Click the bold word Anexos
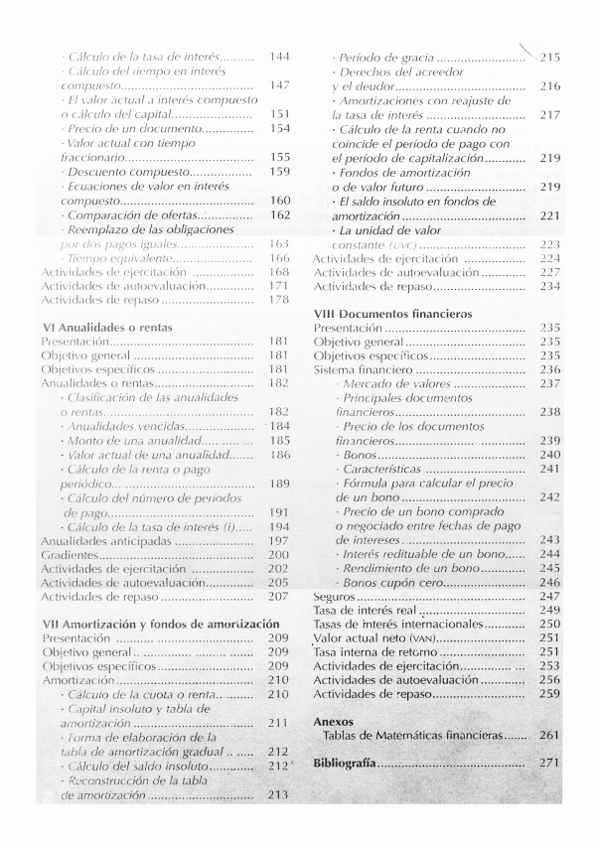(334, 721)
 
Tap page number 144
(279, 58)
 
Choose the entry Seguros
(334, 596)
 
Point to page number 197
(279, 540)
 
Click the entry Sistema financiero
(361, 368)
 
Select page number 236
(550, 368)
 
